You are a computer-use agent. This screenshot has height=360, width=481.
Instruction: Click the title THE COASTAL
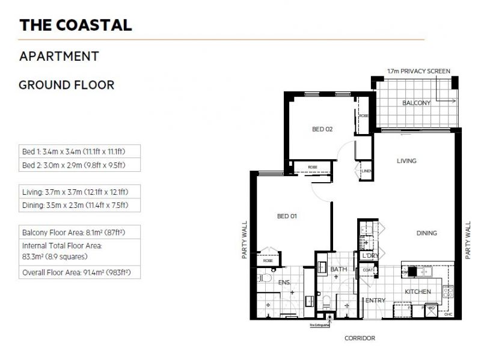(x=76, y=25)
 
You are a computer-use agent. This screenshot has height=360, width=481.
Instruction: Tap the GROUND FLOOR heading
(x=67, y=85)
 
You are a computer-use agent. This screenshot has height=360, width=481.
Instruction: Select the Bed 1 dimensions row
(x=79, y=152)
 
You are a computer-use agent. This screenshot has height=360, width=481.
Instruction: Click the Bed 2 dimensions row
(x=79, y=165)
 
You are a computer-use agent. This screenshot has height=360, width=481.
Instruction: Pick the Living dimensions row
(x=79, y=192)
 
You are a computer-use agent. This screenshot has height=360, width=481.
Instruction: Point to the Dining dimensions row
(x=79, y=205)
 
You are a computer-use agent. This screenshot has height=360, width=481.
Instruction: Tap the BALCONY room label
(x=417, y=103)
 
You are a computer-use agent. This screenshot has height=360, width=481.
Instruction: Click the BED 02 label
(x=322, y=129)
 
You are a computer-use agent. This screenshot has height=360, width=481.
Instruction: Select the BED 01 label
(x=287, y=216)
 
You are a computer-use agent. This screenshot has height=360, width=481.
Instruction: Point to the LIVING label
(x=406, y=161)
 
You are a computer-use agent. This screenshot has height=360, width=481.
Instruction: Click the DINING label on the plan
(x=427, y=233)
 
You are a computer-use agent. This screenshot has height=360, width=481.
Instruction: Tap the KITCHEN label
(x=417, y=292)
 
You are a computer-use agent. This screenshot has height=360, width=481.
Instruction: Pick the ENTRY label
(x=376, y=301)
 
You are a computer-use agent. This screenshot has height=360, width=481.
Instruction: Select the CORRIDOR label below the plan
(x=360, y=338)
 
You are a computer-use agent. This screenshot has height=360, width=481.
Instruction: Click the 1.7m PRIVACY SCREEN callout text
(x=418, y=71)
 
